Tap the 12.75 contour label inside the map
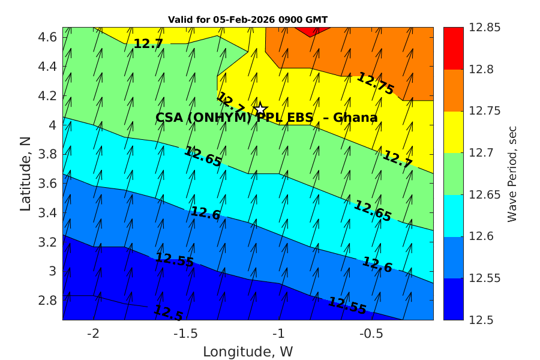coord(376,83)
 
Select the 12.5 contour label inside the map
coord(168,312)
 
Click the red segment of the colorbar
coord(453,48)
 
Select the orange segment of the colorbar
coord(453,90)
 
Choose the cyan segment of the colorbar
coord(453,215)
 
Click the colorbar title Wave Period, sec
coord(512,174)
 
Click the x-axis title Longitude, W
coord(248,351)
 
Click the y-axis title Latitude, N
coord(25,174)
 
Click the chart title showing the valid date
coord(248,20)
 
